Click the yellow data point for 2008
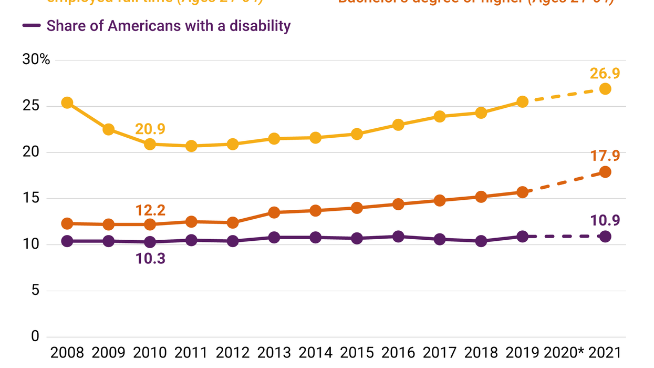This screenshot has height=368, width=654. pos(67,103)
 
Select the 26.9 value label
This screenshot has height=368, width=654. pos(605,73)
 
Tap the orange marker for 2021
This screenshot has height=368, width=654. pos(605,172)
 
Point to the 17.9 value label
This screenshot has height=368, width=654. pos(605,156)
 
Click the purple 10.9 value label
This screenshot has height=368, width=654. pos(605,220)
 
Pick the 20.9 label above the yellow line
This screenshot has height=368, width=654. pos(150,128)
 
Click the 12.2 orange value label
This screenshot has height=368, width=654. pos(150,210)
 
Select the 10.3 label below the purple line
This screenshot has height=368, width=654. pos(150,258)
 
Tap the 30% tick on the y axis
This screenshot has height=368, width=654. pos(36,60)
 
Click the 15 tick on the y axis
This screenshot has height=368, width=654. pos(32,199)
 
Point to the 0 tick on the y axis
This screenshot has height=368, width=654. pos(35,336)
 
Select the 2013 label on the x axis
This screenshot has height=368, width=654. pos(274,352)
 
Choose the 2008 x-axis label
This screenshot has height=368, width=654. pos(67,352)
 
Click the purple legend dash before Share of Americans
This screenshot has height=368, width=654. pos(32,26)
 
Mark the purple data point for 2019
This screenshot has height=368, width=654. pos(522,237)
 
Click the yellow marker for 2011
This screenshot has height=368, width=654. pos(191,146)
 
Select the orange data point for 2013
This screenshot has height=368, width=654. pos(274,212)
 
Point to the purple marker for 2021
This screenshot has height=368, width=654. pos(605,237)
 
